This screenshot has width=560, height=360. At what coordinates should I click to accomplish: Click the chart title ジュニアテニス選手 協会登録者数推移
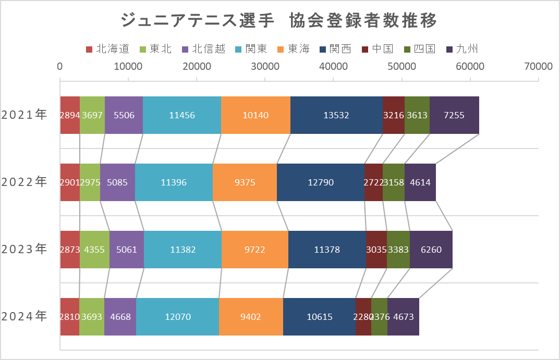click(279, 21)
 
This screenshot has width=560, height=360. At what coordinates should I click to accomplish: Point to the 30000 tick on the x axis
click(265, 66)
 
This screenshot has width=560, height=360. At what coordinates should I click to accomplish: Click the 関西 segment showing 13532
click(336, 115)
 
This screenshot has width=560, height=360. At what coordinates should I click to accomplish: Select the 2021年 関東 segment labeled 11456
click(182, 115)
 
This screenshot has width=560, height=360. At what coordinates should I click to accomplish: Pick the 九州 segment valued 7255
click(454, 115)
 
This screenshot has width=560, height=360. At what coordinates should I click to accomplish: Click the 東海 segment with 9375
click(245, 182)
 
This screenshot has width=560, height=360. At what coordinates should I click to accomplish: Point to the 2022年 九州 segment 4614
click(420, 182)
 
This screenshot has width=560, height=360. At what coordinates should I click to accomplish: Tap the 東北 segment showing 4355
click(94, 250)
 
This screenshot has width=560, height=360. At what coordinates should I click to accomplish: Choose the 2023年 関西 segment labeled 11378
click(327, 250)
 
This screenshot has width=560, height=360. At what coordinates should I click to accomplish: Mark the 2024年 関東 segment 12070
click(177, 316)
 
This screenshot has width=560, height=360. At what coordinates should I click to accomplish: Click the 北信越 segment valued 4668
click(120, 316)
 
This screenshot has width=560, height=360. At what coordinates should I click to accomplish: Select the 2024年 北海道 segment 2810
click(69, 316)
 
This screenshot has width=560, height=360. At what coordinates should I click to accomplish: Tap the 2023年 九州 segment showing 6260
click(431, 250)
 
